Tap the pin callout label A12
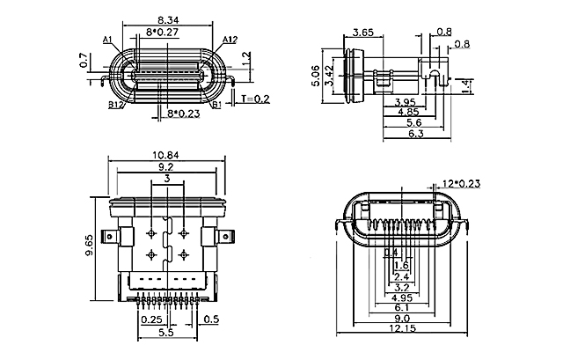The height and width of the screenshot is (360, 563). [230, 40]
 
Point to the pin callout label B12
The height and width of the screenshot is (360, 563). [115, 104]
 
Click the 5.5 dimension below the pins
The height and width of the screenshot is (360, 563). [164, 334]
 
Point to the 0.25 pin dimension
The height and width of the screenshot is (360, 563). [151, 320]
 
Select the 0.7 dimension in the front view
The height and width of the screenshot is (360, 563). [84, 62]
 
